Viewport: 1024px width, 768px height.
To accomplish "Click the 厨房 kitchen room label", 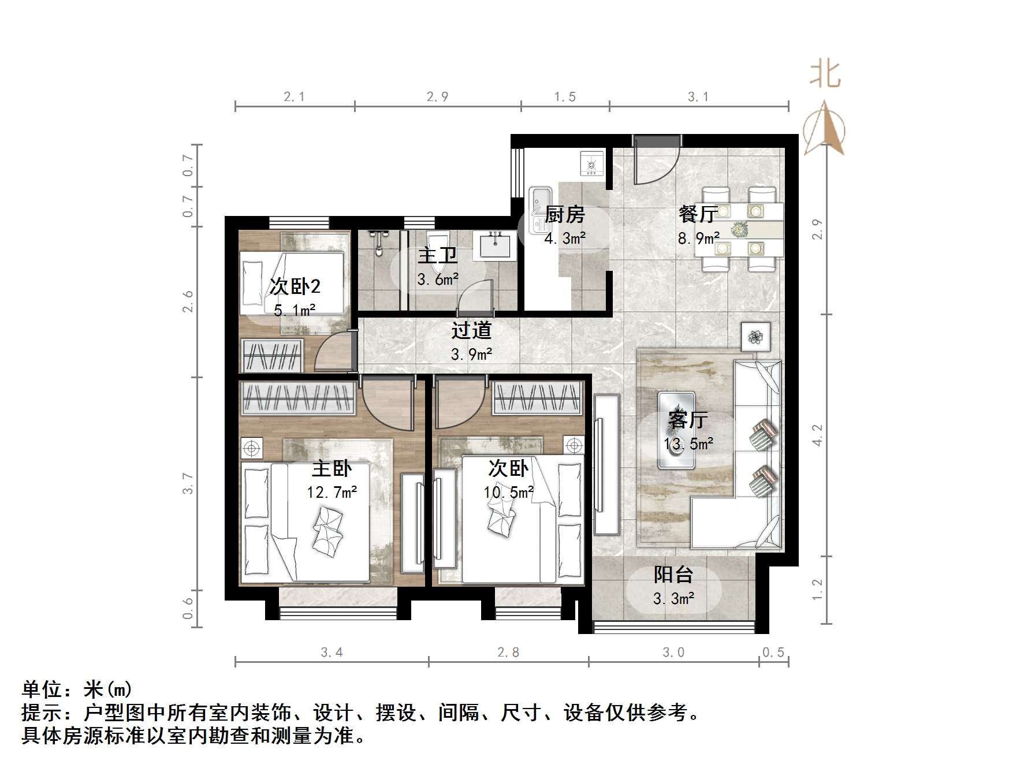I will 564,214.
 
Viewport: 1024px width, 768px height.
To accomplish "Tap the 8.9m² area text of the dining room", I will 698,238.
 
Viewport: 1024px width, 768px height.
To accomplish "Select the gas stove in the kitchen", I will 591,163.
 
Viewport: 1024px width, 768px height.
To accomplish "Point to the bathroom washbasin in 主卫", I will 495,245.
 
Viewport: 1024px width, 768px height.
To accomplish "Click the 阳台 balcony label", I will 673,575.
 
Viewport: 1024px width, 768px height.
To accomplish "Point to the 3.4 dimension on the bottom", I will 332,653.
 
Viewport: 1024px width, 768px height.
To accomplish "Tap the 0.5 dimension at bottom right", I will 773,653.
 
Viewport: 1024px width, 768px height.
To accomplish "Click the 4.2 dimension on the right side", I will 817,435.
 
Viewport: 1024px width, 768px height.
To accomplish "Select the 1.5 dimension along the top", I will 565,97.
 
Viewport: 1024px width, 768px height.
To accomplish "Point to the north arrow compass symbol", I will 825,128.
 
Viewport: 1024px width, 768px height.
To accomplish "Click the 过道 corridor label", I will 471,330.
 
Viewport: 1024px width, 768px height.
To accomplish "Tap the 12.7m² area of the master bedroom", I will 332,493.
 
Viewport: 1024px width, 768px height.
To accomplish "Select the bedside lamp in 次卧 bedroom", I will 574,445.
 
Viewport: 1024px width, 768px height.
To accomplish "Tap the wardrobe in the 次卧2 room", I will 272,356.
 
